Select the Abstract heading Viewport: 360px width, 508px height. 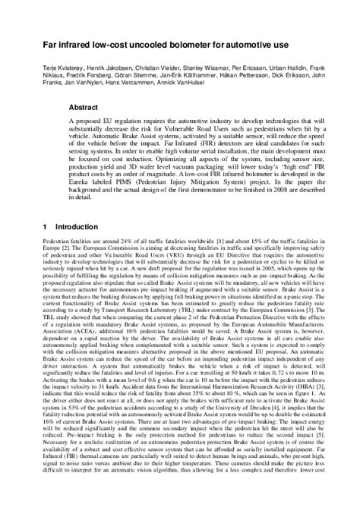pos(84,107)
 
